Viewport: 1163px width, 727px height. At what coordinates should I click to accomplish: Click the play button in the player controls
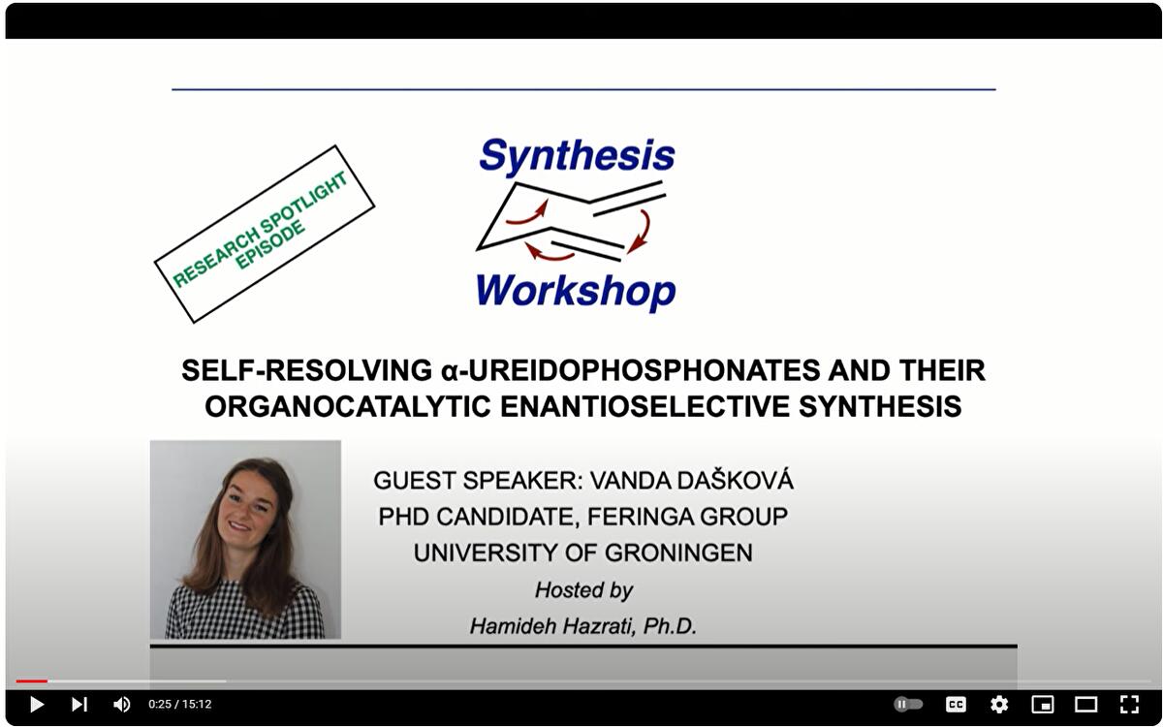[x=36, y=705]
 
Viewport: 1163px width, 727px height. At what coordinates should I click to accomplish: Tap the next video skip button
[x=79, y=705]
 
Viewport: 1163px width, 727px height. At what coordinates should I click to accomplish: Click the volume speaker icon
[x=122, y=705]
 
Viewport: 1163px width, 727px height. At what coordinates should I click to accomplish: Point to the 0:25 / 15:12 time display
[x=179, y=705]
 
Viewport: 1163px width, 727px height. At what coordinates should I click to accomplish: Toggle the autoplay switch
[x=908, y=705]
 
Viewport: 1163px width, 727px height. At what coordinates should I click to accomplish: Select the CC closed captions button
[x=956, y=705]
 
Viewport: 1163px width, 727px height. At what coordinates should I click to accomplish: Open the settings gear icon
[x=999, y=705]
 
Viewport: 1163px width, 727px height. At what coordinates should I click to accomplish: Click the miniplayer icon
[x=1043, y=705]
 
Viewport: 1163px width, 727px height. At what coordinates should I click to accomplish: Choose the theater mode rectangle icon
[x=1086, y=705]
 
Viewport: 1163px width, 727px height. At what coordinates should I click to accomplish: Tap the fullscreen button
[x=1129, y=705]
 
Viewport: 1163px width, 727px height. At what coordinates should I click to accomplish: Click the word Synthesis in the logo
[x=577, y=156]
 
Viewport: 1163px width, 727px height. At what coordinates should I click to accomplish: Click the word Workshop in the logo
[x=576, y=290]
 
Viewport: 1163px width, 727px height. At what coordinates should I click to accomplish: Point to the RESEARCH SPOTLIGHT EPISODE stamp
[x=264, y=234]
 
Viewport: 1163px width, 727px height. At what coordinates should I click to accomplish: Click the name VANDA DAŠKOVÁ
[x=691, y=481]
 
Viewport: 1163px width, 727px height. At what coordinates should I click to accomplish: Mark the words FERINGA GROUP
[x=685, y=517]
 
